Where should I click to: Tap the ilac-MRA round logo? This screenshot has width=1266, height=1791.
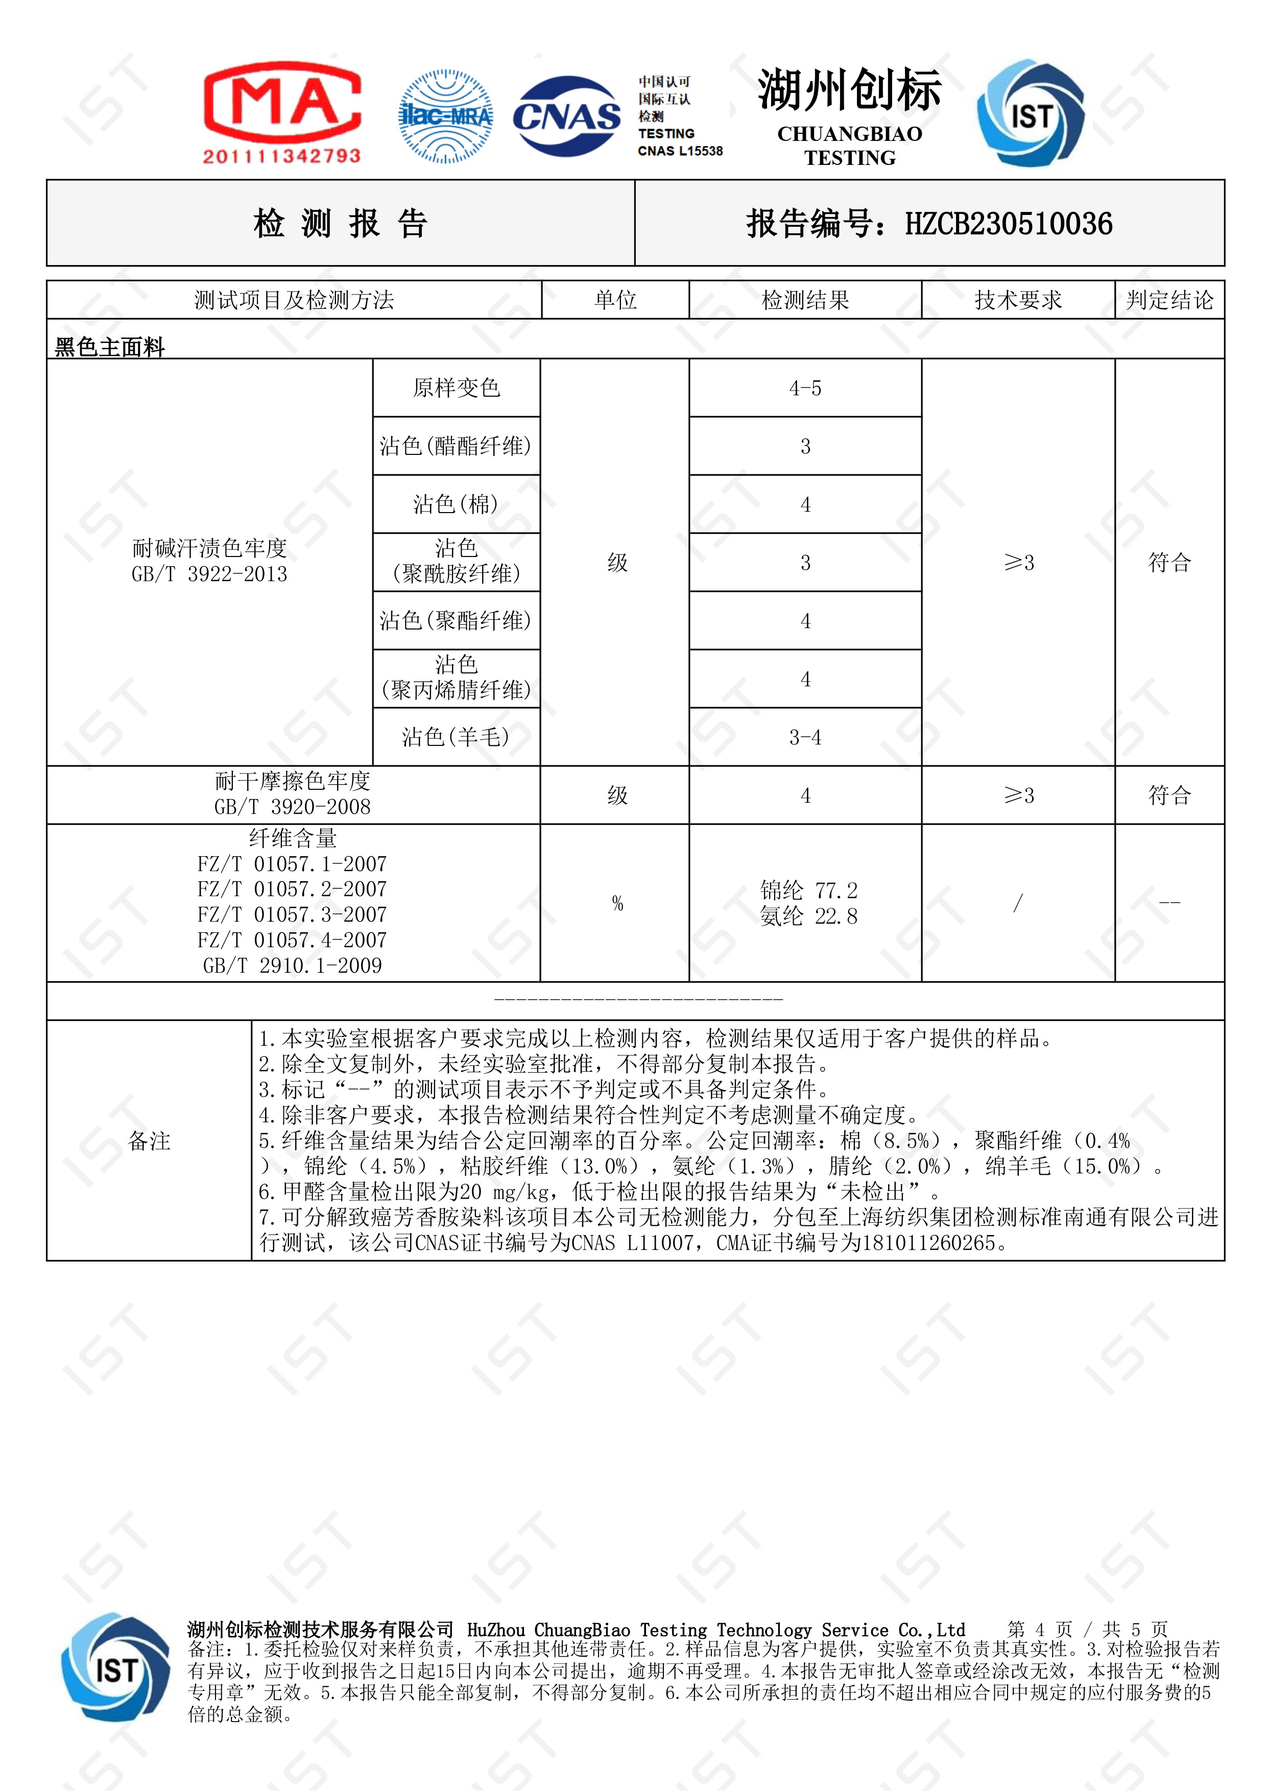coord(445,116)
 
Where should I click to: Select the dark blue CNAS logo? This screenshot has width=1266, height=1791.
coord(566,116)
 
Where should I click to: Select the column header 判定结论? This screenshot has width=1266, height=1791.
coord(1169,300)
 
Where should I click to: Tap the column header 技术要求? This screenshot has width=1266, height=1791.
coord(1018,300)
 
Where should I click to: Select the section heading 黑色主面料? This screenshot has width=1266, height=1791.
coord(110,346)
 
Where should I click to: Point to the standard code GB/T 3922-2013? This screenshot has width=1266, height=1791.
coord(209,575)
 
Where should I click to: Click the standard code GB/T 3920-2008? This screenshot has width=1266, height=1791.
coord(293,807)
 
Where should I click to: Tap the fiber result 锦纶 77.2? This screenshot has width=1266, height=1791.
coord(809,890)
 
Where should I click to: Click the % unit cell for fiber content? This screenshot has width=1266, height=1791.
coord(617,903)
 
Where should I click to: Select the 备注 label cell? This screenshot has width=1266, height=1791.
coord(149,1141)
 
